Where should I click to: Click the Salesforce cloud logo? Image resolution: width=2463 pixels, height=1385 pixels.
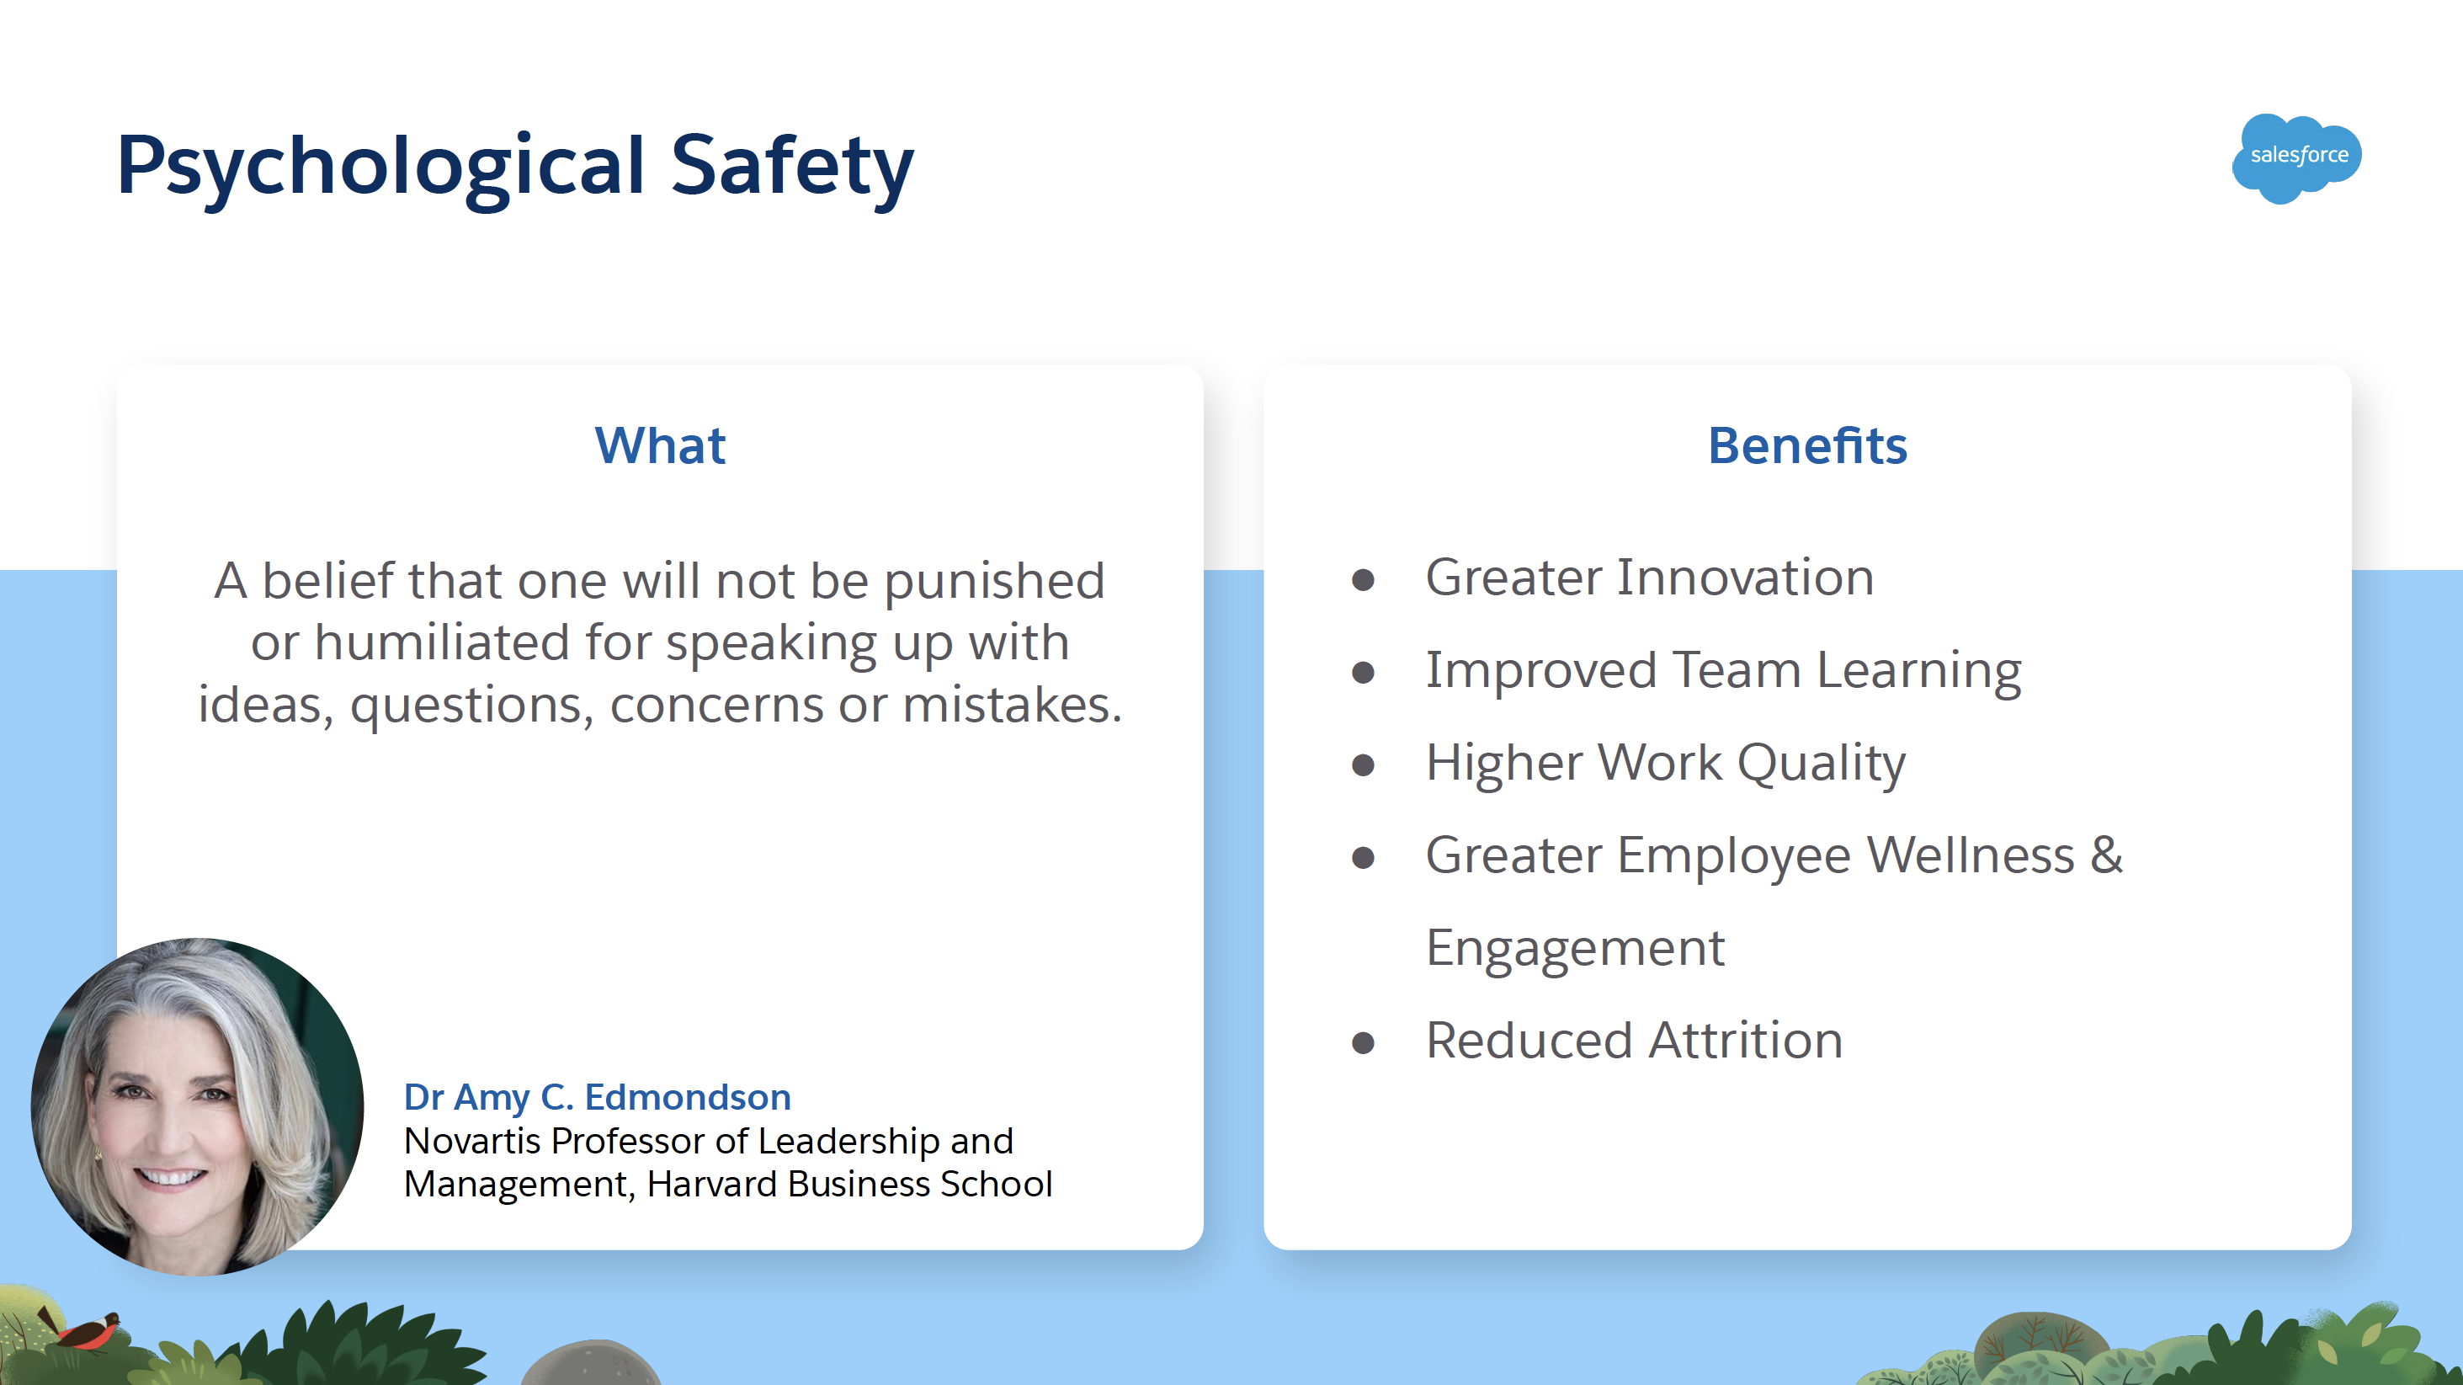click(2296, 157)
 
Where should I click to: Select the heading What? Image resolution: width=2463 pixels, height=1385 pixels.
click(660, 445)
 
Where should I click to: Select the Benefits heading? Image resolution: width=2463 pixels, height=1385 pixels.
click(1807, 445)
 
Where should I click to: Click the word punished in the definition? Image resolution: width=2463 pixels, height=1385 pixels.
click(994, 583)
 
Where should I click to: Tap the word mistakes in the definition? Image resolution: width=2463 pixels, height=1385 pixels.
click(1012, 705)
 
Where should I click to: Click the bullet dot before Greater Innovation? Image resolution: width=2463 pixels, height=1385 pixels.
click(1364, 579)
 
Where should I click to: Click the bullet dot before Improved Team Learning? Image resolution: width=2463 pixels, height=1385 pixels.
click(1364, 673)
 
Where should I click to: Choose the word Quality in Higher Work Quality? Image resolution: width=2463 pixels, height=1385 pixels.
click(1821, 764)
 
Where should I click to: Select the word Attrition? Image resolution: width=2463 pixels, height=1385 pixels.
click(1745, 1040)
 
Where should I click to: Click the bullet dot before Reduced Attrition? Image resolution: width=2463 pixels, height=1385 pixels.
click(1364, 1042)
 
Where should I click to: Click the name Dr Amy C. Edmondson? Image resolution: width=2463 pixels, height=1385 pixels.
click(598, 1097)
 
